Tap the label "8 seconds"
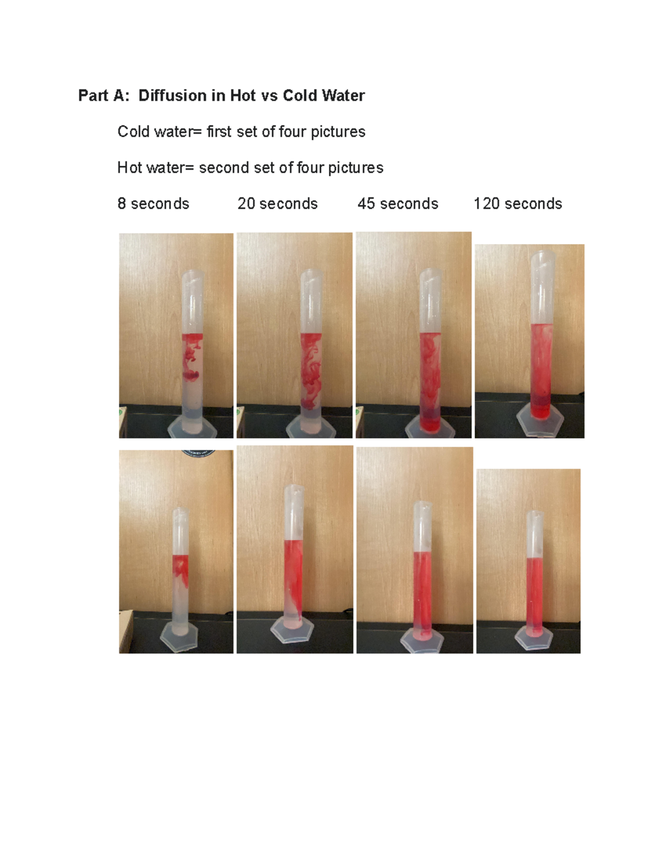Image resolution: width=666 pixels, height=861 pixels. tap(153, 204)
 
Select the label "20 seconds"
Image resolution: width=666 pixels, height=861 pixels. tap(277, 204)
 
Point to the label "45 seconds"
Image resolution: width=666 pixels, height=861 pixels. tap(398, 204)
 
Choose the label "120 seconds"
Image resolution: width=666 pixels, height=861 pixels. tap(518, 204)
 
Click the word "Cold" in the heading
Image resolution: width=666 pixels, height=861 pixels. tap(301, 96)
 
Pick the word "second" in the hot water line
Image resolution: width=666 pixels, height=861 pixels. tap(224, 168)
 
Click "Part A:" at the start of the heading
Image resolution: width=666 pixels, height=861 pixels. tap(104, 96)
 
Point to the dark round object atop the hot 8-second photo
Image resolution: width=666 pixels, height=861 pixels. tap(199, 453)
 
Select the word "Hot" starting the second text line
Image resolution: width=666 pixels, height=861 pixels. tap(129, 168)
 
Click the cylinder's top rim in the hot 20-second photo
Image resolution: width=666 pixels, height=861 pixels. tap(293, 488)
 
